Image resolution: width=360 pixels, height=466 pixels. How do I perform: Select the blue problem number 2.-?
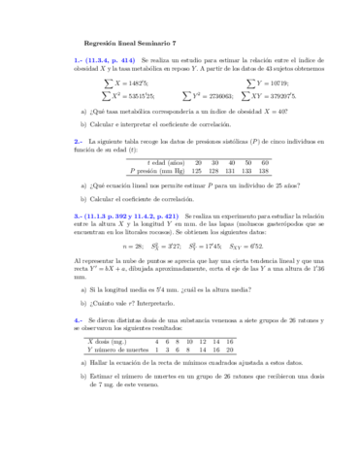(x=78, y=142)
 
